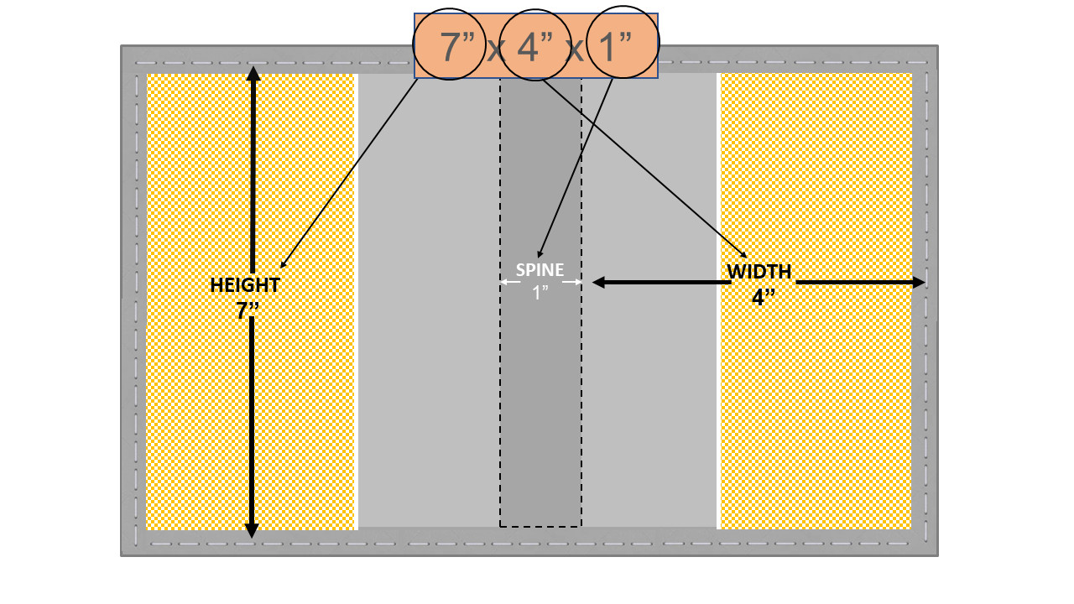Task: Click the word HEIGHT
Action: (245, 285)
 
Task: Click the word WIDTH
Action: (759, 271)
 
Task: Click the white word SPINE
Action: (540, 270)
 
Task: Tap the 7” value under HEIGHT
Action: (248, 310)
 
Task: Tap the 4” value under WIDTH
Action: (764, 297)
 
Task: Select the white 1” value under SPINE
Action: (540, 293)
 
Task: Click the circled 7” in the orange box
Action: (457, 46)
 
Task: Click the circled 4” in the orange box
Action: (534, 46)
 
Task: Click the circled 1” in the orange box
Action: (616, 46)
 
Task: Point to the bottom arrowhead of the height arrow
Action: (252, 530)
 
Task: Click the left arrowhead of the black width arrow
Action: (599, 283)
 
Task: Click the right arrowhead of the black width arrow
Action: (919, 283)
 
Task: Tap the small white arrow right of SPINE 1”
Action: (572, 282)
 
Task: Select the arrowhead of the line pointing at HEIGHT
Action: (283, 264)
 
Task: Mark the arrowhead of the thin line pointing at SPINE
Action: (540, 254)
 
